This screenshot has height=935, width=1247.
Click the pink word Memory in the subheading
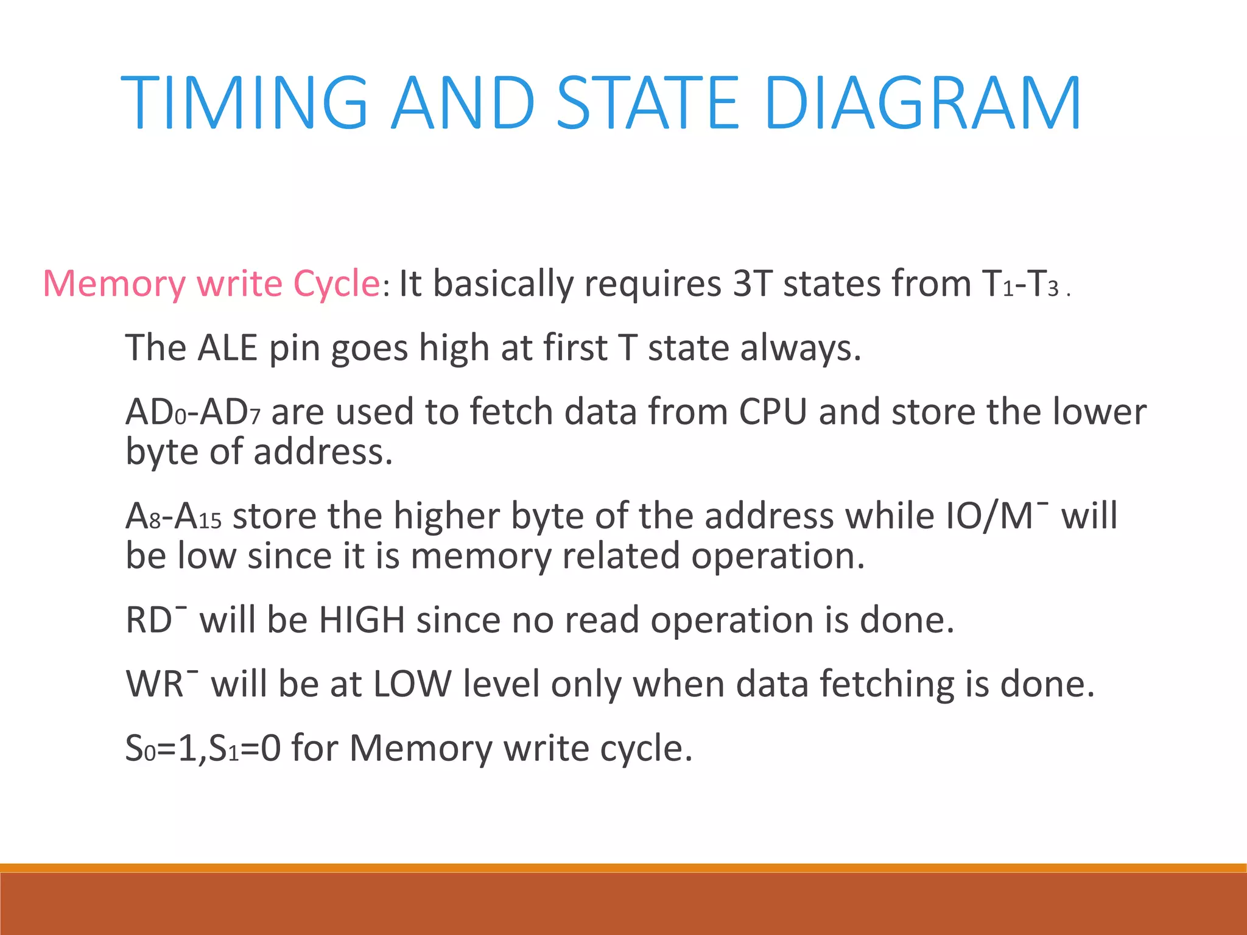click(114, 284)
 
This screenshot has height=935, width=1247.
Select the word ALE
click(228, 348)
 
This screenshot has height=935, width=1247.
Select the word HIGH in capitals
click(362, 620)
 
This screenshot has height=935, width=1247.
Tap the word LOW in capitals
click(412, 684)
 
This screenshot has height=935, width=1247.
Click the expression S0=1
click(160, 748)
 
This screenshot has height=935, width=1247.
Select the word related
click(620, 556)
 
